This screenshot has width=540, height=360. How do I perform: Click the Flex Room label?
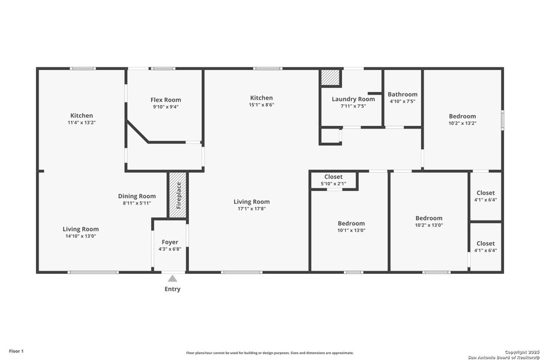pyautogui.click(x=166, y=100)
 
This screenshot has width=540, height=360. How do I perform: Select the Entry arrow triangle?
pyautogui.click(x=172, y=278)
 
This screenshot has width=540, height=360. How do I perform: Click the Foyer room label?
pyautogui.click(x=170, y=242)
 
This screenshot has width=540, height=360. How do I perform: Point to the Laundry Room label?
pyautogui.click(x=353, y=99)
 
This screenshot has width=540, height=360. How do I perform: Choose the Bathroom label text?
pyautogui.click(x=402, y=94)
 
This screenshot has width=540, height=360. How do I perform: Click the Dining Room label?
pyautogui.click(x=137, y=196)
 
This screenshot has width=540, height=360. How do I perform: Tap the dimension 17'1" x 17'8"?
pyautogui.click(x=251, y=208)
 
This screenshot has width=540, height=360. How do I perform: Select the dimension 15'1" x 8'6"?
pyautogui.click(x=262, y=105)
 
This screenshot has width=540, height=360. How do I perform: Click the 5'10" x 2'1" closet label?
pyautogui.click(x=333, y=184)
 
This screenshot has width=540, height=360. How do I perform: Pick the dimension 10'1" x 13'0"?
pyautogui.click(x=351, y=230)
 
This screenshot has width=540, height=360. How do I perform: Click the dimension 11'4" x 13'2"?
pyautogui.click(x=82, y=122)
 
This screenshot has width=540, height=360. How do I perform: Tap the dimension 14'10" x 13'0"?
pyautogui.click(x=80, y=236)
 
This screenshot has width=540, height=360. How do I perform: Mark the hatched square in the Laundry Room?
pyautogui.click(x=329, y=76)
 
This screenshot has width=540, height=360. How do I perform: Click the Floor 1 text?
pyautogui.click(x=17, y=351)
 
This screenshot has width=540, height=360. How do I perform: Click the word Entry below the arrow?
pyautogui.click(x=172, y=289)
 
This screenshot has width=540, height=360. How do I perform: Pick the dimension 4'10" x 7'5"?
pyautogui.click(x=402, y=101)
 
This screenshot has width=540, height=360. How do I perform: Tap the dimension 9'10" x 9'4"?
pyautogui.click(x=166, y=107)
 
